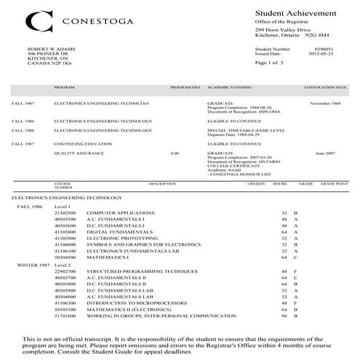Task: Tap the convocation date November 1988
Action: click(x=325, y=103)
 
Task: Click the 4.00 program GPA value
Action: click(x=174, y=153)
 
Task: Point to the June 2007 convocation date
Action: click(x=325, y=153)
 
